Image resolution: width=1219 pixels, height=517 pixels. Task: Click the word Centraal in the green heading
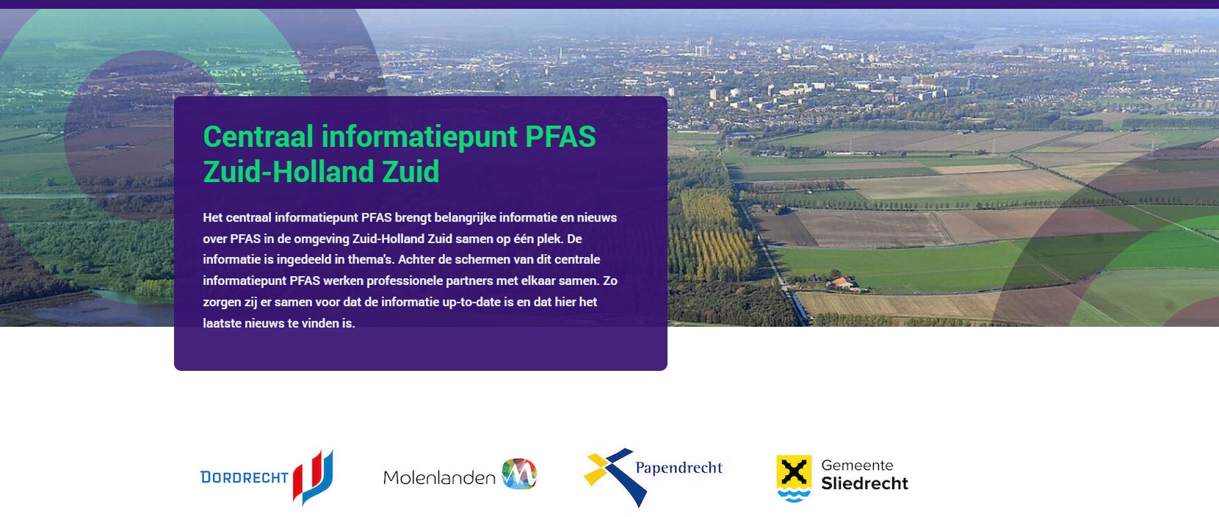point(258,136)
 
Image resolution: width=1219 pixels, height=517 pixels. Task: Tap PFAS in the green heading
point(560,136)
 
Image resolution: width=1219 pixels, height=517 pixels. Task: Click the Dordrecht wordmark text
point(245,477)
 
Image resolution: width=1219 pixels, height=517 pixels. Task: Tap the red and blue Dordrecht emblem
point(313,477)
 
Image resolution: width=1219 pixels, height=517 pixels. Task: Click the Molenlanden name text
point(439,477)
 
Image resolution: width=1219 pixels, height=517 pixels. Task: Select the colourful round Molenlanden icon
point(519,474)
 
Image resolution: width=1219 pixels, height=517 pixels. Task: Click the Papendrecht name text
point(679,468)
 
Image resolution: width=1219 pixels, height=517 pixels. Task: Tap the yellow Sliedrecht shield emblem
point(794,478)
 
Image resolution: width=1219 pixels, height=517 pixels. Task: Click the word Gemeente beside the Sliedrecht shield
point(857,466)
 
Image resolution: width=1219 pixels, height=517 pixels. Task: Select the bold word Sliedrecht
point(864,483)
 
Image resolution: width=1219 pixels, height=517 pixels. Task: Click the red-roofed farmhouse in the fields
point(842,283)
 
